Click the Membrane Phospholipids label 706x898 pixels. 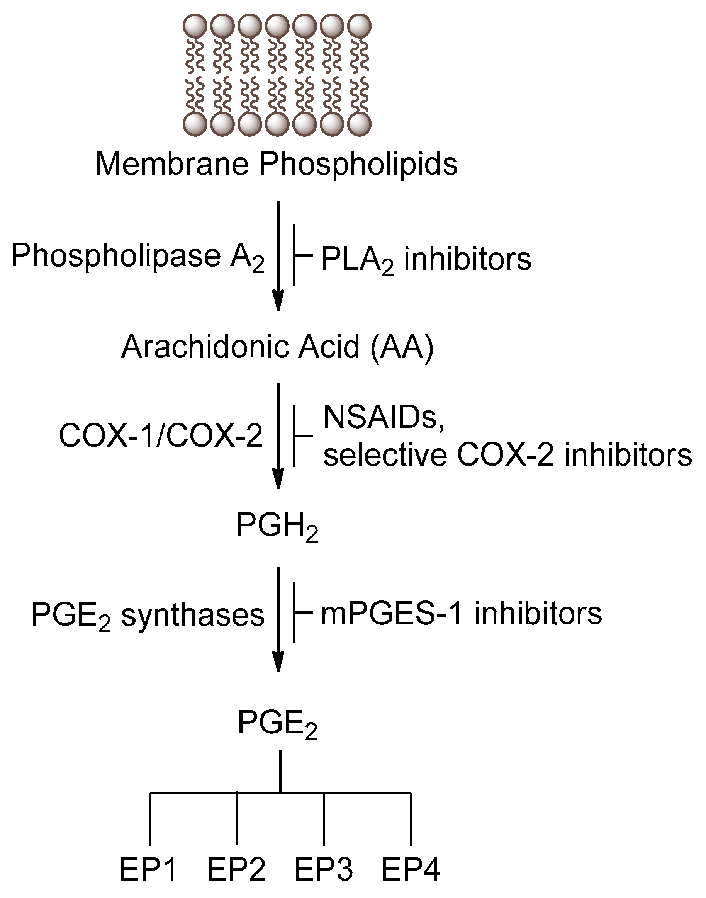coord(276,165)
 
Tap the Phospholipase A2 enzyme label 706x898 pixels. coord(137,256)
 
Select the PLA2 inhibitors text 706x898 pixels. coord(426,260)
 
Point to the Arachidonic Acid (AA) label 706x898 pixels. coord(277,347)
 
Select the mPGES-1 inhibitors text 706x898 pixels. coord(461,614)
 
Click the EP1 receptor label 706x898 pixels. coord(148,870)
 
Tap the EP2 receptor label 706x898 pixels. coord(236,870)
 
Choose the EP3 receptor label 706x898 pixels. coord(324,870)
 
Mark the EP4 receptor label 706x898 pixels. coord(411,870)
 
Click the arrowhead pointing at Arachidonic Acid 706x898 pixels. coord(279,301)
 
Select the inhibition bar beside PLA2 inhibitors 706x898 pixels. coord(294,255)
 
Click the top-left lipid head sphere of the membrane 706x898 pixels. coord(195,26)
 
